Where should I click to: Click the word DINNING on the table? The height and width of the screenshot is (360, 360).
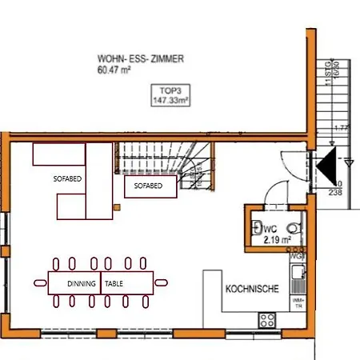82,283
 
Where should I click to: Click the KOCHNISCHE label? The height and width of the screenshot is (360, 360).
252,290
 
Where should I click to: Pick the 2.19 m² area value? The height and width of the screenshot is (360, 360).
275,238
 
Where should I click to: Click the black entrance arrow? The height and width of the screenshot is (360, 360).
328,169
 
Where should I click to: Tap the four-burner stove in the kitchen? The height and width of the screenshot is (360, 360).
267,319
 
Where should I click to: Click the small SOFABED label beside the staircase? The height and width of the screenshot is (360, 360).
148,186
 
